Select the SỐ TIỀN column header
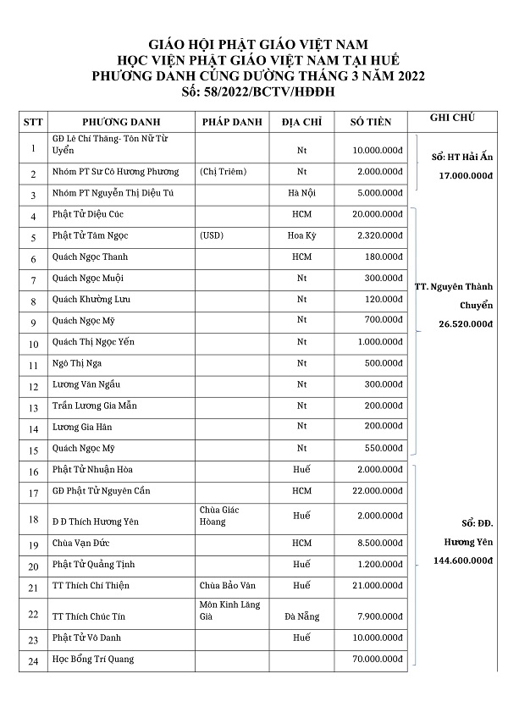(371, 122)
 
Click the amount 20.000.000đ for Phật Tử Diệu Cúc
(376, 215)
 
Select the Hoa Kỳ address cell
(301, 235)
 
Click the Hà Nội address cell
(301, 193)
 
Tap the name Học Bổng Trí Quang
(93, 659)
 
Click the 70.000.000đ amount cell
(376, 659)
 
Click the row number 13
(33, 407)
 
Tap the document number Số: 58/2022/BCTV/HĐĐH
(253, 91)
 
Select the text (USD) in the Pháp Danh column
(213, 235)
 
